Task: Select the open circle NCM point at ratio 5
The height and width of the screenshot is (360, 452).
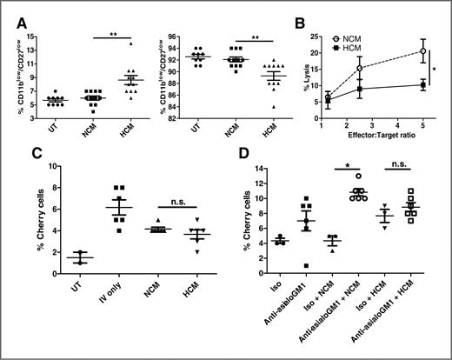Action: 422,50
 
